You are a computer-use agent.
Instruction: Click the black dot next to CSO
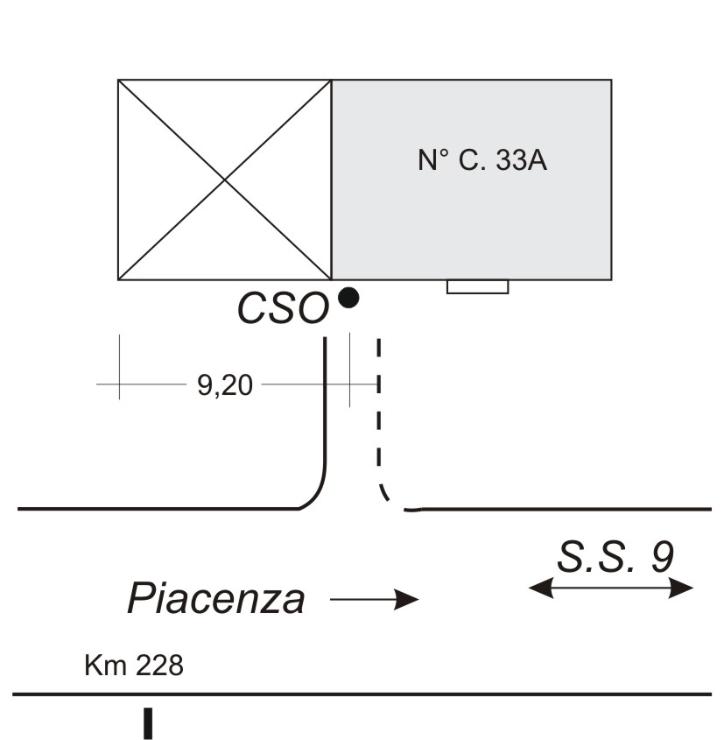point(348,298)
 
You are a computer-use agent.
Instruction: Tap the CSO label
point(283,309)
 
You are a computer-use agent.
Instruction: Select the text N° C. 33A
point(482,161)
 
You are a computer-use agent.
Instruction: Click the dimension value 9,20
point(224,385)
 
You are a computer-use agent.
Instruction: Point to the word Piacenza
point(216,600)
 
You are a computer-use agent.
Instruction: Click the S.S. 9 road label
point(615,557)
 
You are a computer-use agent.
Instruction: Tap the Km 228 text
point(134,666)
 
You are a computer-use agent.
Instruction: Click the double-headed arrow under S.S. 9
point(611,589)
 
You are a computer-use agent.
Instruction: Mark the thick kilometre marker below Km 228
point(148,723)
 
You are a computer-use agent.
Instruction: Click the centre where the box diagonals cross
point(225,180)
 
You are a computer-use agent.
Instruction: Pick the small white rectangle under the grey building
point(477,286)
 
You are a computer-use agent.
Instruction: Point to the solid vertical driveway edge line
point(326,403)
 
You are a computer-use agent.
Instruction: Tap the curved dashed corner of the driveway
point(389,499)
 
